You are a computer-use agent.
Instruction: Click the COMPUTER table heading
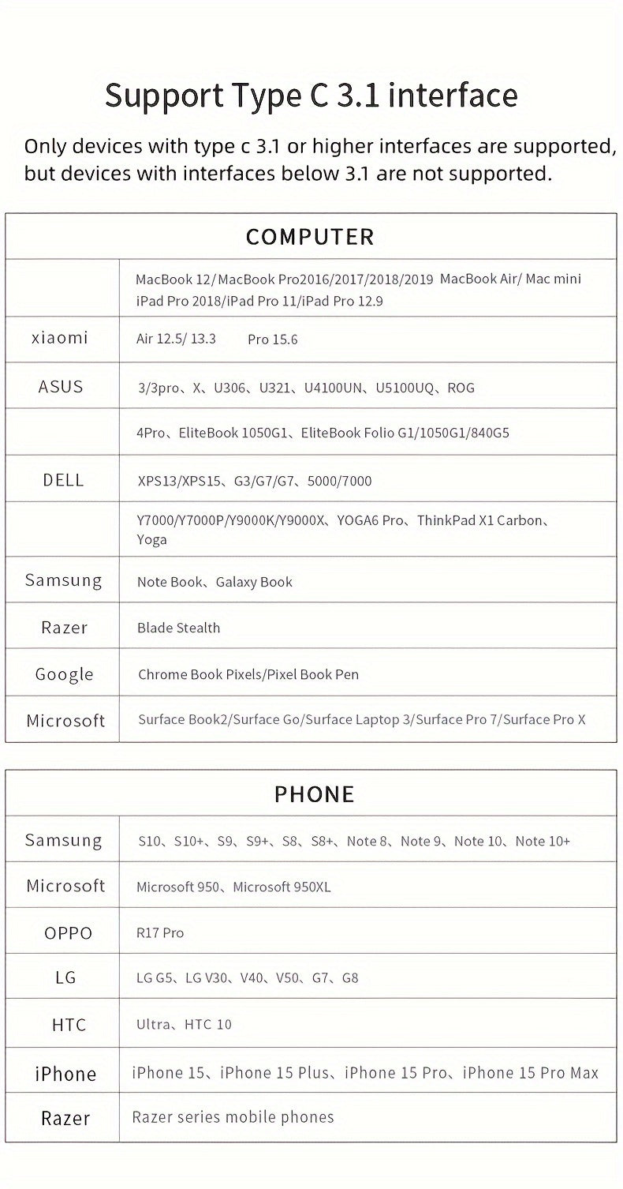(x=310, y=237)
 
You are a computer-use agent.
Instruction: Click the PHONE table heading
(x=314, y=794)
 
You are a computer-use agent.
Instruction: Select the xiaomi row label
(x=60, y=339)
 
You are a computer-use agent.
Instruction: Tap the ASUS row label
(x=61, y=387)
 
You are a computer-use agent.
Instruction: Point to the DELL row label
(x=63, y=480)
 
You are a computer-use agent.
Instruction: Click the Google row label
(x=64, y=674)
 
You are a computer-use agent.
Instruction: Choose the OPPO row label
(x=68, y=932)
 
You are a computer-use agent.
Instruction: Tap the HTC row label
(x=69, y=1025)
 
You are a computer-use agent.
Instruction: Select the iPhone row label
(x=65, y=1074)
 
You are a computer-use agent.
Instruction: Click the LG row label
(x=66, y=978)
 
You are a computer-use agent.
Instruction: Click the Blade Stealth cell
(x=178, y=628)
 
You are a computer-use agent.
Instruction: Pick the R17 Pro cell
(x=160, y=933)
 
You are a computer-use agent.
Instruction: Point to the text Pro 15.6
(x=272, y=339)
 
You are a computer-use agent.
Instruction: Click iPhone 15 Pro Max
(x=530, y=1073)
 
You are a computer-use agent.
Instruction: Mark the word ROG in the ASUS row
(x=461, y=388)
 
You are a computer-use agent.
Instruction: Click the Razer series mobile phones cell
(x=233, y=1117)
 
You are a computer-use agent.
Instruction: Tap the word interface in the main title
(x=453, y=96)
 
